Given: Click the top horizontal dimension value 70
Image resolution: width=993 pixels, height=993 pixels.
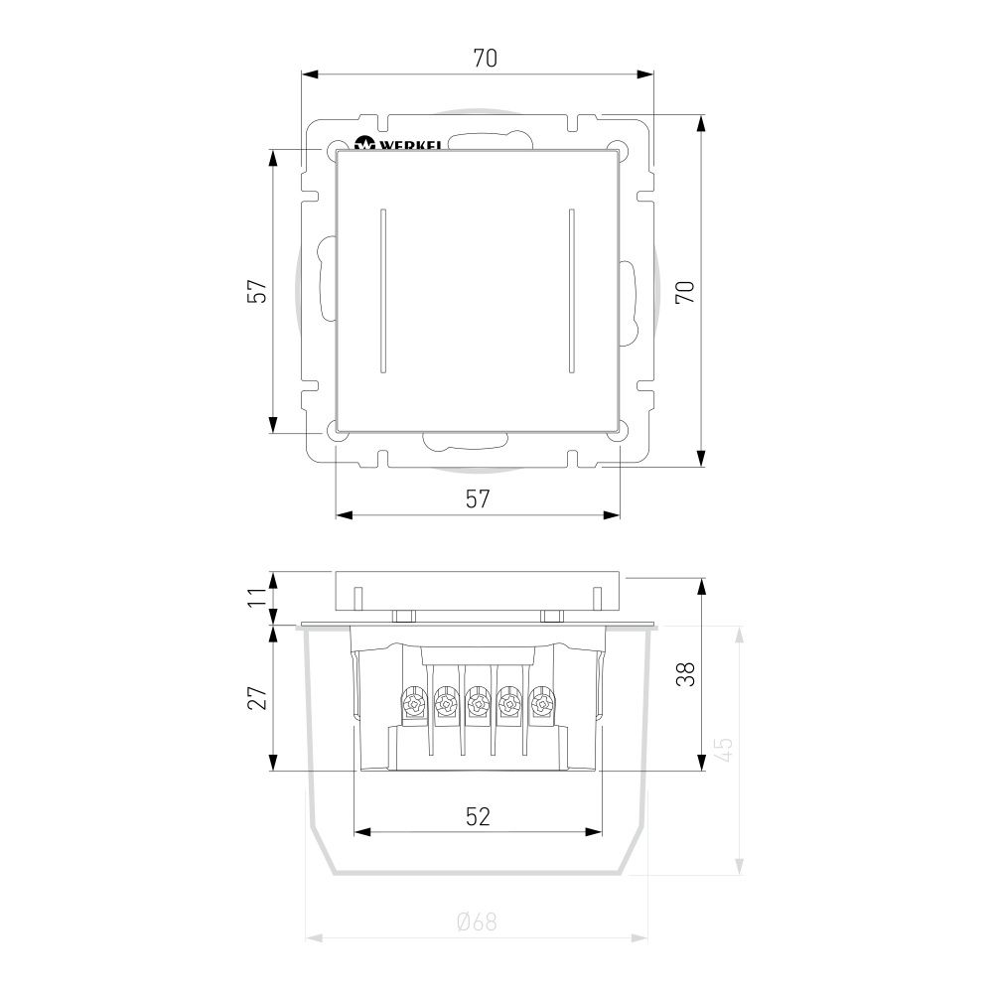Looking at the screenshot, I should click(x=485, y=59).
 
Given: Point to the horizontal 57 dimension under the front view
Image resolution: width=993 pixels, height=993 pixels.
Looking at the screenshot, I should click(x=478, y=499).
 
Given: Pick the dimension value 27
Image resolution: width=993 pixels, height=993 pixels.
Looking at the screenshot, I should click(x=257, y=698).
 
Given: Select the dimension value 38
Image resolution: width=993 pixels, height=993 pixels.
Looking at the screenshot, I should click(x=685, y=674).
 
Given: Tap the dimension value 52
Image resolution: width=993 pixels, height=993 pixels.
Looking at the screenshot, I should click(x=478, y=816).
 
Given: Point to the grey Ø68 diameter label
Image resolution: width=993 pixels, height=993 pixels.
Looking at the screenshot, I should click(x=477, y=922).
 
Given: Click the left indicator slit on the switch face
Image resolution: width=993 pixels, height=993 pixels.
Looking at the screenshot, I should click(x=382, y=291).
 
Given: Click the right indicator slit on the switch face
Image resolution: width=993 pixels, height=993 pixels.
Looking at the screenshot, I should click(x=571, y=291).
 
